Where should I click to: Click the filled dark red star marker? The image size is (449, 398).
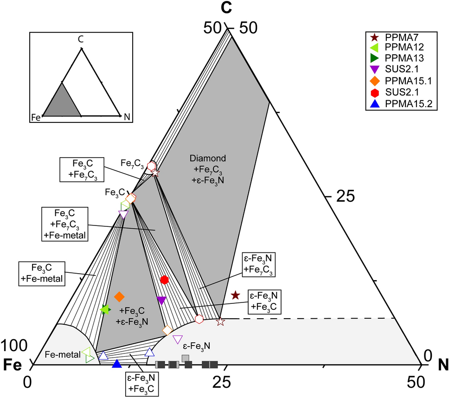[x=235, y=295]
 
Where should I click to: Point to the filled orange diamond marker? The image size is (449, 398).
[x=119, y=296]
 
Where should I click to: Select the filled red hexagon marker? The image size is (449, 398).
[x=164, y=280]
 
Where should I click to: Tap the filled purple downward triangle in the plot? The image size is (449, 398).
[x=161, y=300]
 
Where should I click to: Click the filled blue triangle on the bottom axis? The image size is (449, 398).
[x=117, y=363]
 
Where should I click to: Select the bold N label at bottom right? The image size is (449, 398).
[x=441, y=365]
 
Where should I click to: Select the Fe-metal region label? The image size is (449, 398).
[x=62, y=355]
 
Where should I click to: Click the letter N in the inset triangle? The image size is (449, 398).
[x=127, y=117]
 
